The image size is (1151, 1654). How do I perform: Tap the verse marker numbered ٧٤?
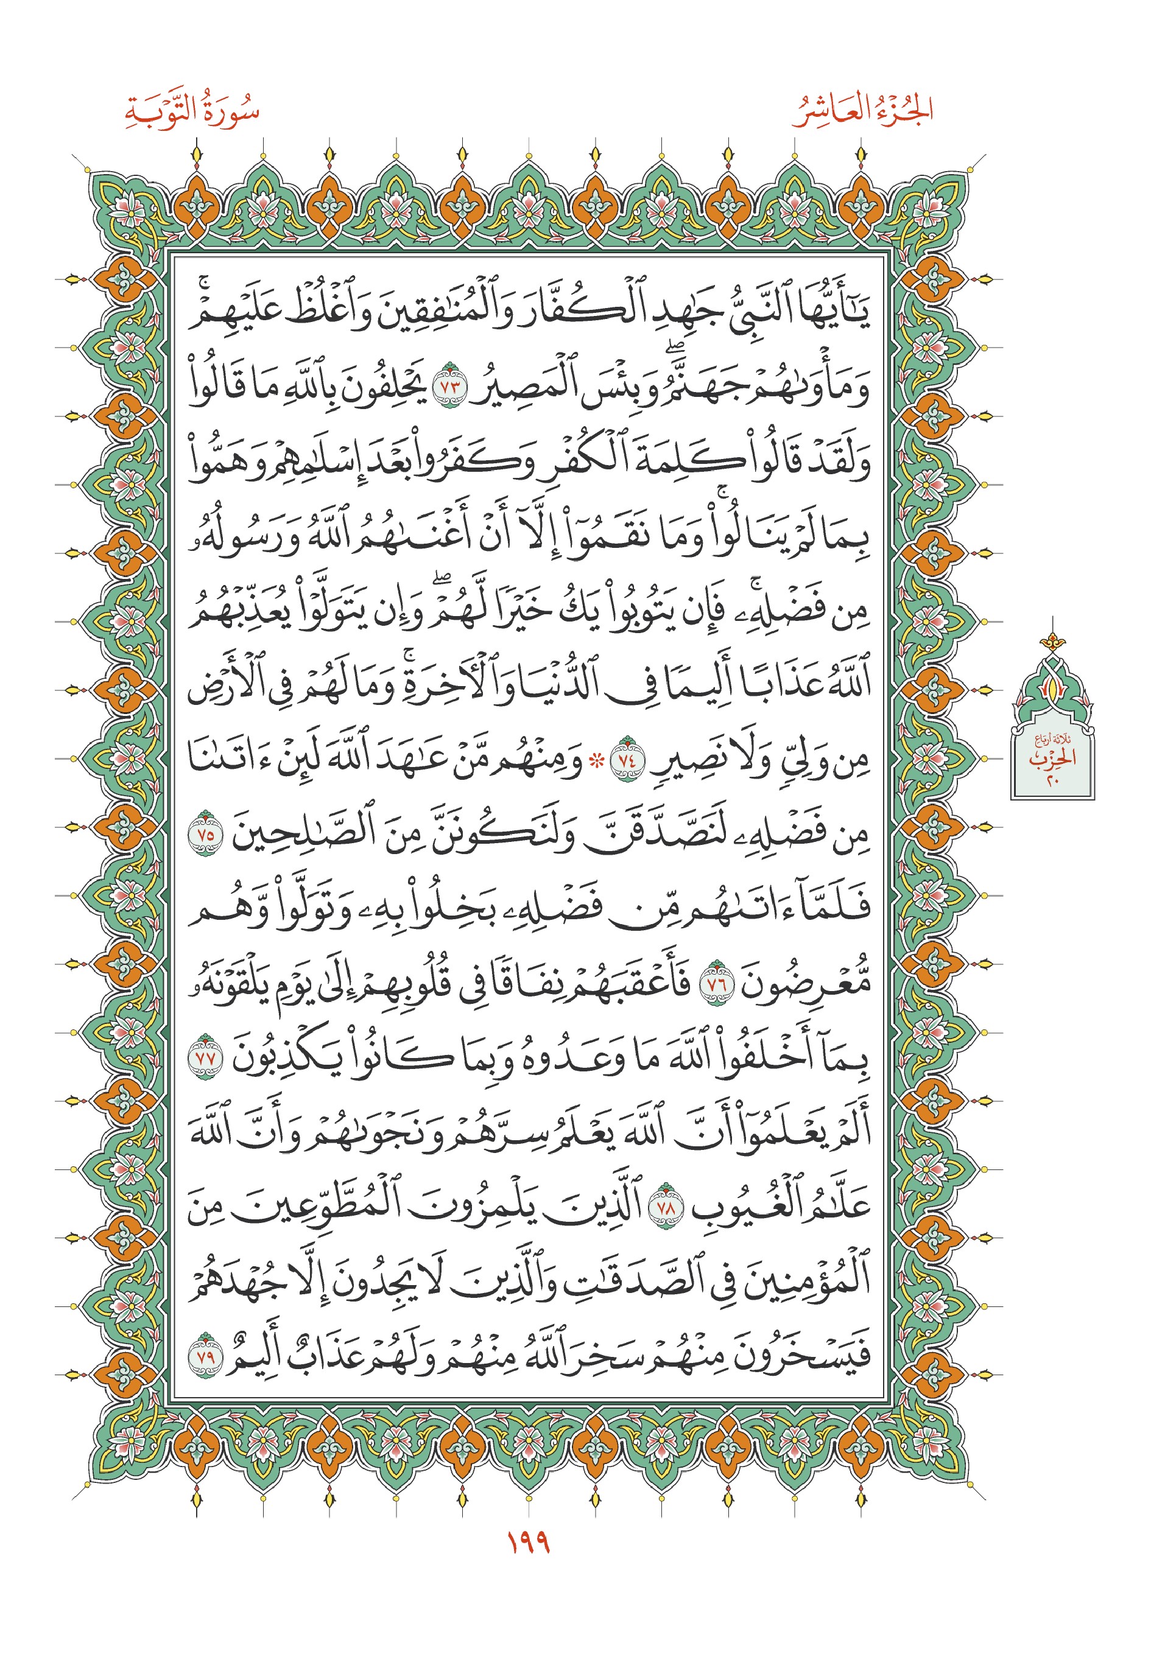click(624, 762)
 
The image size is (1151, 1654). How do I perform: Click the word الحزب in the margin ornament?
click(1052, 758)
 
